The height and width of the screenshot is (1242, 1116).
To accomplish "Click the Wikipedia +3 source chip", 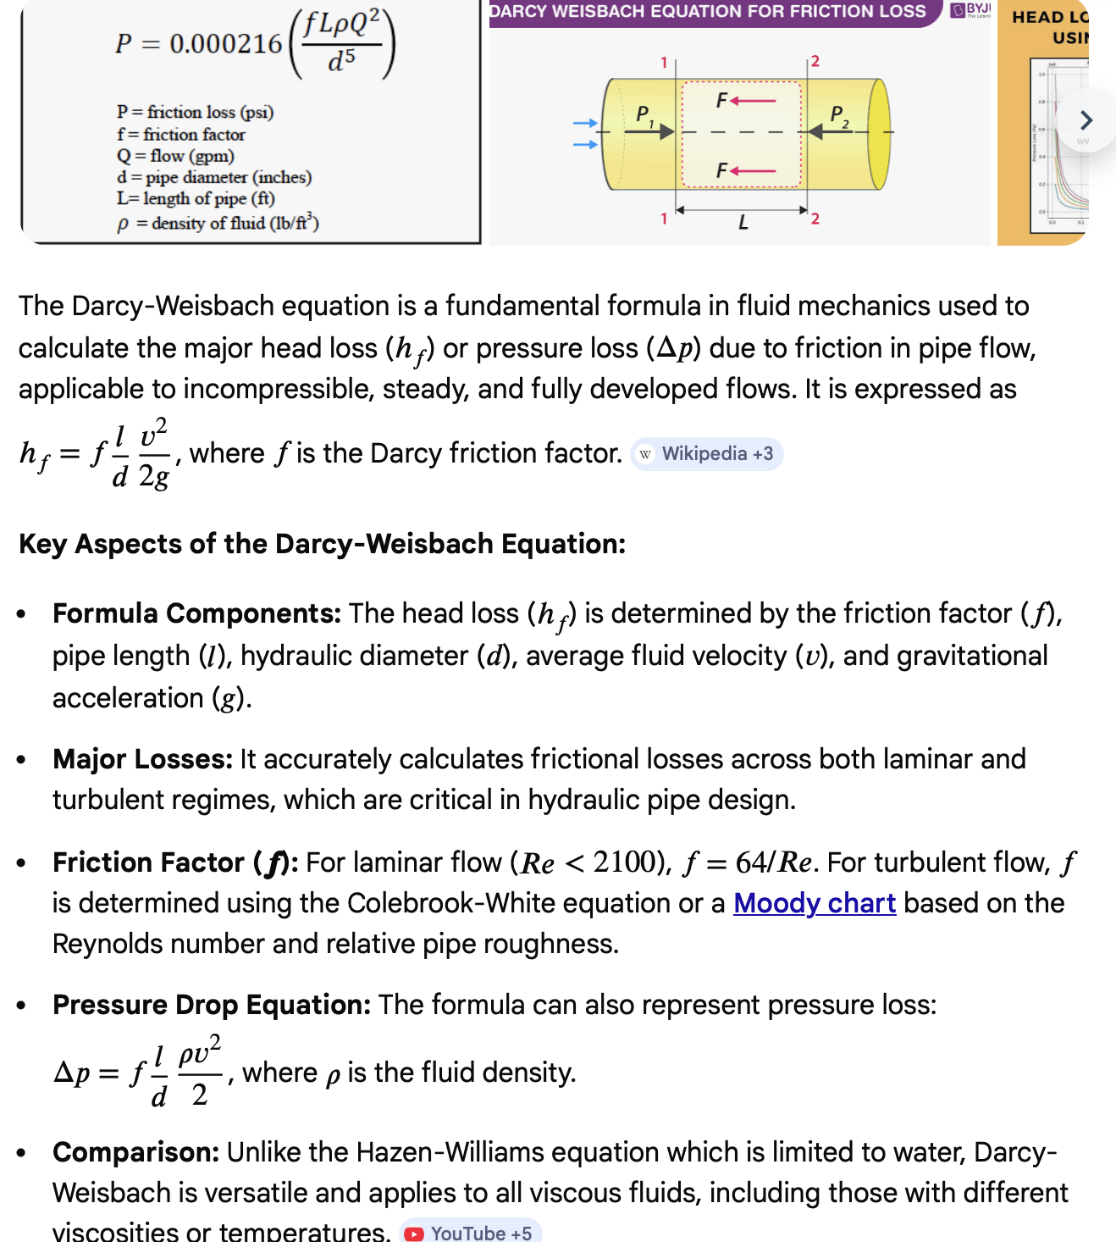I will tap(707, 454).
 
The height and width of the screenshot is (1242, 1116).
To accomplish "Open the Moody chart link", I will tap(815, 903).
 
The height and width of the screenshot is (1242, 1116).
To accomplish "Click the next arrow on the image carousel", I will tap(1086, 120).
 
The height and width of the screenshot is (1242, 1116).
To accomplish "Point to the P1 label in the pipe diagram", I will tap(644, 114).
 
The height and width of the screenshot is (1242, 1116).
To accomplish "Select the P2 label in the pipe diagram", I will tap(838, 114).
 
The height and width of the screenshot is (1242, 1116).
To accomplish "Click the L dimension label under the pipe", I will tap(743, 223).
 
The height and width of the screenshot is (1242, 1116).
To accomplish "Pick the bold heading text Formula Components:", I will tap(196, 613).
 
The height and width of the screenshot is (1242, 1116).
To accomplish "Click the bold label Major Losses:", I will tap(142, 759).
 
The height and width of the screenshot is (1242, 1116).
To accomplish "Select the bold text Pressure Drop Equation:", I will tap(212, 1005).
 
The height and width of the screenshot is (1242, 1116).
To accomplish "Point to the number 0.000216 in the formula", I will tap(226, 43).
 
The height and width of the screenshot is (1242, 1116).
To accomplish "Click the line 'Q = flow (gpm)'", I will tap(175, 156).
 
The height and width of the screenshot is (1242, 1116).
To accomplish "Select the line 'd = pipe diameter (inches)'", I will tap(214, 177).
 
